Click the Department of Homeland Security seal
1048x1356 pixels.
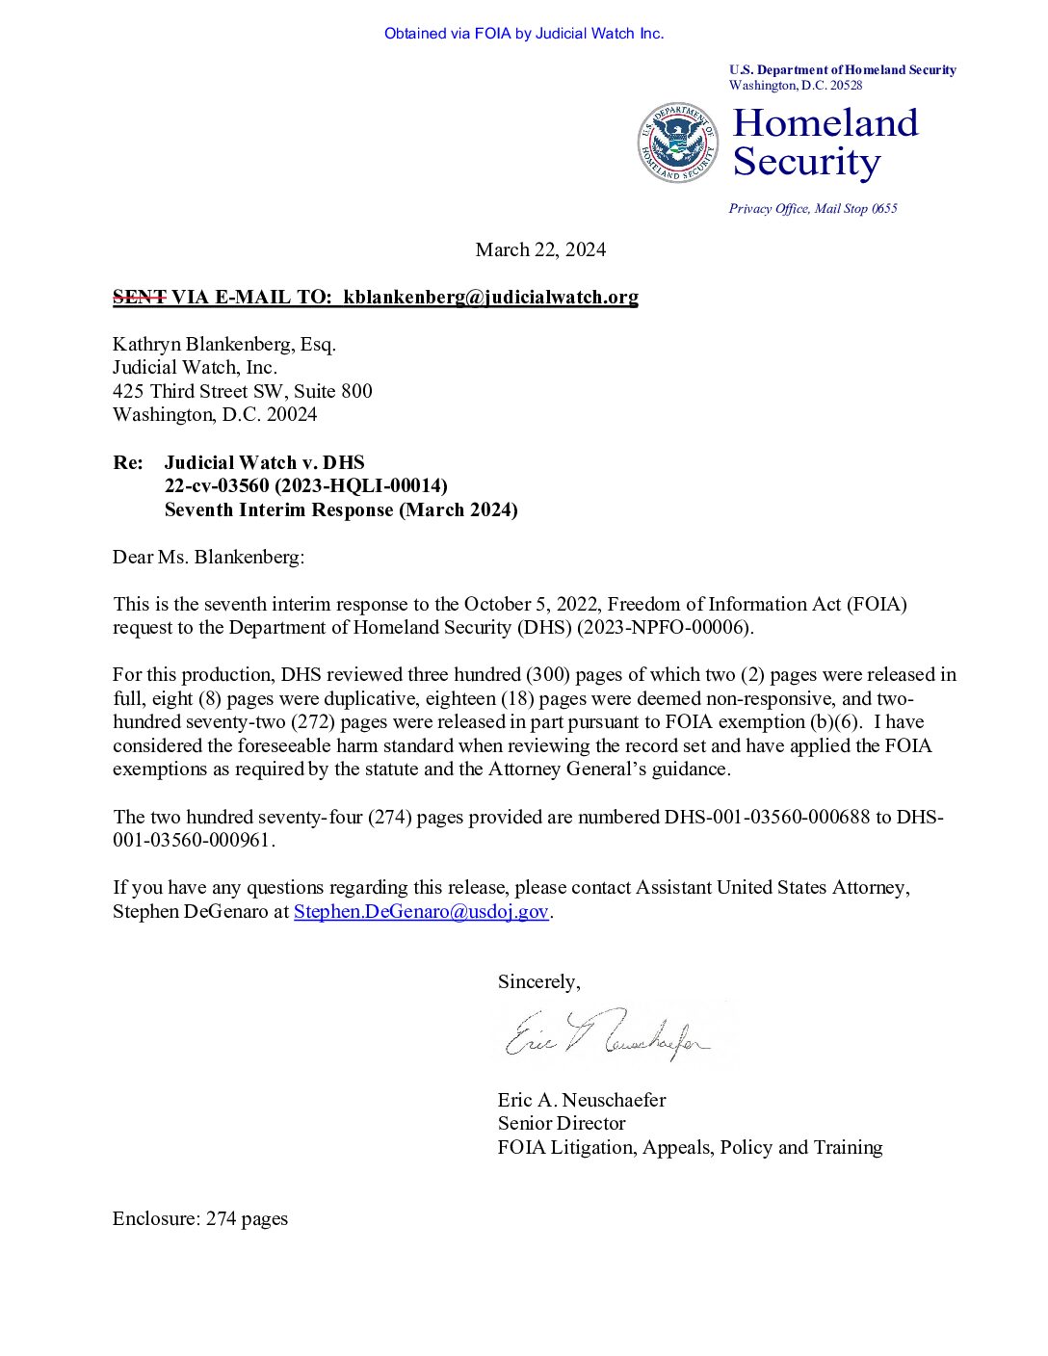click(x=678, y=143)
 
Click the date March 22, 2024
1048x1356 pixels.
click(x=540, y=250)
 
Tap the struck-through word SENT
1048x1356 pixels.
click(x=139, y=298)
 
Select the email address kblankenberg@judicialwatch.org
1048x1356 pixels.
click(x=490, y=298)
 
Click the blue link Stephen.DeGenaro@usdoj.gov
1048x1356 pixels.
click(x=421, y=912)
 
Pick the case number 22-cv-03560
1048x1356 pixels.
click(x=217, y=486)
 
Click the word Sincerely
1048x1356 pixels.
click(x=538, y=982)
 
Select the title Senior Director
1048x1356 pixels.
click(x=562, y=1124)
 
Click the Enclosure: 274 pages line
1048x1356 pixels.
click(x=200, y=1219)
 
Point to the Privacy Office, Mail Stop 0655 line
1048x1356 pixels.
click(x=813, y=209)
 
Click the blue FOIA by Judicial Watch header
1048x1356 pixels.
click(x=524, y=34)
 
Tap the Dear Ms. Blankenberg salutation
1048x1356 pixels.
click(x=208, y=558)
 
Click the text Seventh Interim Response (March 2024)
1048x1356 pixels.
click(x=341, y=510)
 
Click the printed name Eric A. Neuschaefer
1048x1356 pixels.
click(x=582, y=1101)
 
